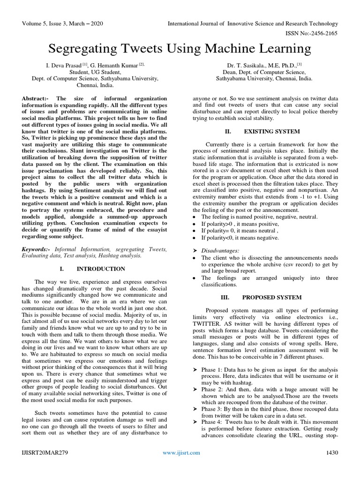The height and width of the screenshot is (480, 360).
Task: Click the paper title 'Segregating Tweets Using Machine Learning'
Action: pos(180,48)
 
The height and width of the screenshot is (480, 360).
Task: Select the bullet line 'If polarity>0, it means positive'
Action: pos(239,225)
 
